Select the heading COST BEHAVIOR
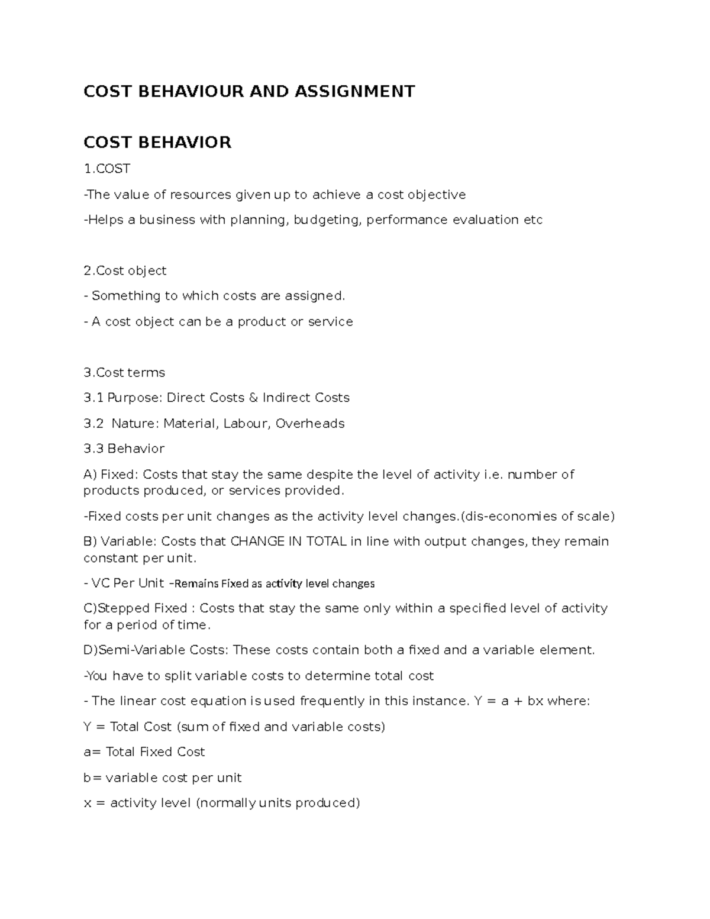tap(157, 143)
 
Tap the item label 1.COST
tap(106, 169)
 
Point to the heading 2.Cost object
tap(125, 271)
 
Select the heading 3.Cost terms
tap(124, 373)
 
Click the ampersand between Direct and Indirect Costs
tap(253, 398)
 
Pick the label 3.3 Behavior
tap(124, 449)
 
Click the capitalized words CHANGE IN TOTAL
tap(288, 541)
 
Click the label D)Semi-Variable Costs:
tap(156, 650)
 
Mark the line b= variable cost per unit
tap(163, 778)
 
